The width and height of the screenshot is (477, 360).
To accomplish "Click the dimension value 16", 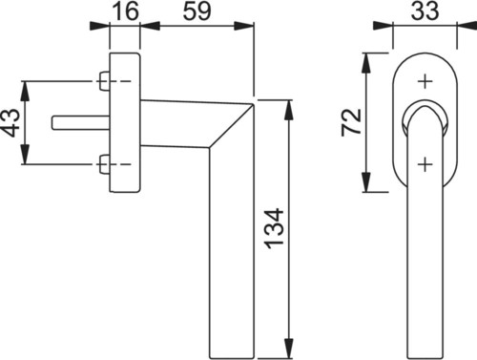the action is point(126,11).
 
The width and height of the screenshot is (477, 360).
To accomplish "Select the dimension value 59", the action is point(197,11).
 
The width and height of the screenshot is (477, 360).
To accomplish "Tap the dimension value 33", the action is point(425,11).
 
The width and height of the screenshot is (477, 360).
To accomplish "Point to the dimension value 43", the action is point(10,122).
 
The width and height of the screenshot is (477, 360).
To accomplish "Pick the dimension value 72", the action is point(351,122).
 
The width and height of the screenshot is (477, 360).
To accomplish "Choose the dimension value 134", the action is point(274,228).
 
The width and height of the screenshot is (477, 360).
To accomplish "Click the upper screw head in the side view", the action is point(104,81).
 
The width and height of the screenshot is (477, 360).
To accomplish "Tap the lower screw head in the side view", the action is point(104,164).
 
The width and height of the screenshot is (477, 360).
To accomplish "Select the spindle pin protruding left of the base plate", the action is point(81,123).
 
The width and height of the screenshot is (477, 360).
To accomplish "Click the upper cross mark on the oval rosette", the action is point(425,82).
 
